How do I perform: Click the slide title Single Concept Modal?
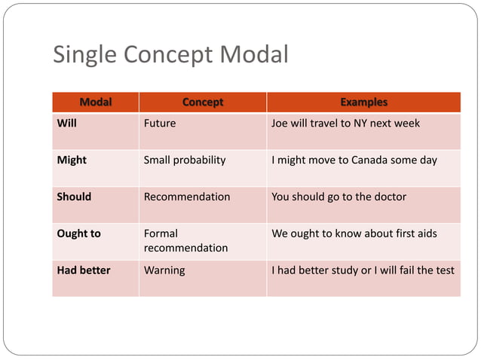click(x=170, y=55)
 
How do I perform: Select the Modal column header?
click(x=95, y=102)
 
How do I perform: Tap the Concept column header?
click(x=202, y=102)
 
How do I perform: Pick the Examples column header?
click(x=363, y=102)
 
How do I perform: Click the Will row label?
click(x=67, y=124)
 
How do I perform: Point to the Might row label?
click(x=72, y=160)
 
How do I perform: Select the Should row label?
click(x=74, y=197)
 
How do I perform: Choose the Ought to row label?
click(x=78, y=234)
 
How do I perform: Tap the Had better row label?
click(x=84, y=270)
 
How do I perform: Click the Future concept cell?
click(x=160, y=124)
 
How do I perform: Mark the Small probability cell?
click(x=184, y=160)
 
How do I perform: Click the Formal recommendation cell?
click(x=185, y=241)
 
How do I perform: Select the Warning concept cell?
click(x=164, y=270)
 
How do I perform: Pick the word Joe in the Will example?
click(x=280, y=124)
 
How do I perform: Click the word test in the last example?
click(x=444, y=270)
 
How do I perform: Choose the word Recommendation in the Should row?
click(x=187, y=197)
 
